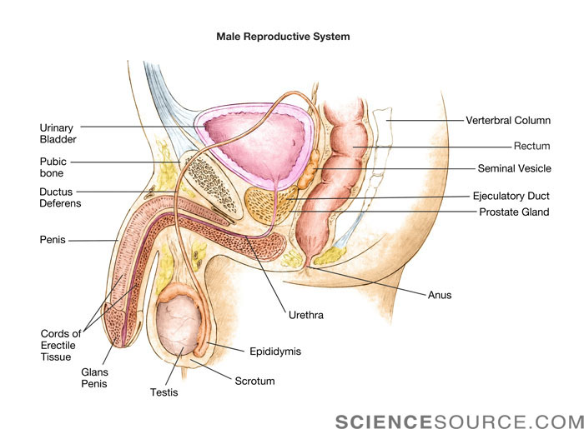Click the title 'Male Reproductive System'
tap(283, 37)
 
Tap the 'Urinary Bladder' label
tap(58, 133)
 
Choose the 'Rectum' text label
tap(531, 146)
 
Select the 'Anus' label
tap(439, 295)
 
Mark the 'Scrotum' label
tap(254, 382)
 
